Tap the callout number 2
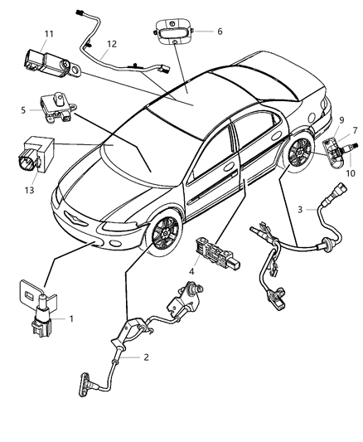(x=146, y=358)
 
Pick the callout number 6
(x=220, y=31)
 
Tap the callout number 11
(x=49, y=33)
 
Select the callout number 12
(x=111, y=43)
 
